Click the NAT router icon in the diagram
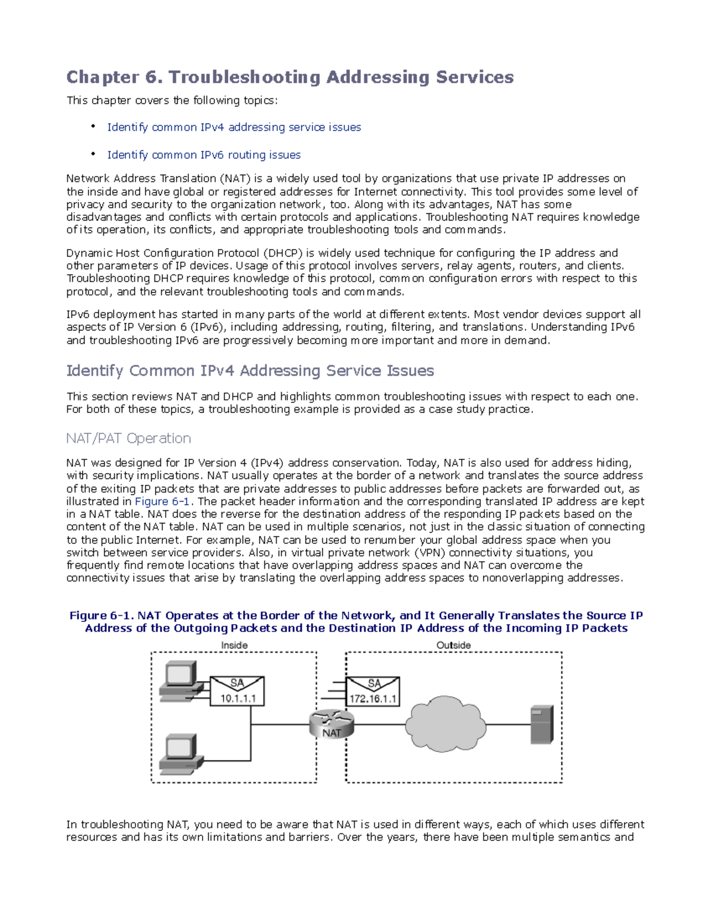(332, 724)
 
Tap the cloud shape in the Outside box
(445, 724)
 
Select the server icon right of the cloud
(541, 724)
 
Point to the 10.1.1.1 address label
(238, 698)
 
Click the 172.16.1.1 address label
(373, 698)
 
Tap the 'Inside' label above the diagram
(234, 645)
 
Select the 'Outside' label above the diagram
(453, 645)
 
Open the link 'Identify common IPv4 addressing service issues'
(234, 127)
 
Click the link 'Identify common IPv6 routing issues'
(204, 155)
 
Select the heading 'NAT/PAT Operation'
(128, 438)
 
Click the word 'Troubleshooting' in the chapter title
(244, 77)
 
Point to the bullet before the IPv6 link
(93, 154)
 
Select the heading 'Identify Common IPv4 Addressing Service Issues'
(250, 371)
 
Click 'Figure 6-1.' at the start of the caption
(102, 616)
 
